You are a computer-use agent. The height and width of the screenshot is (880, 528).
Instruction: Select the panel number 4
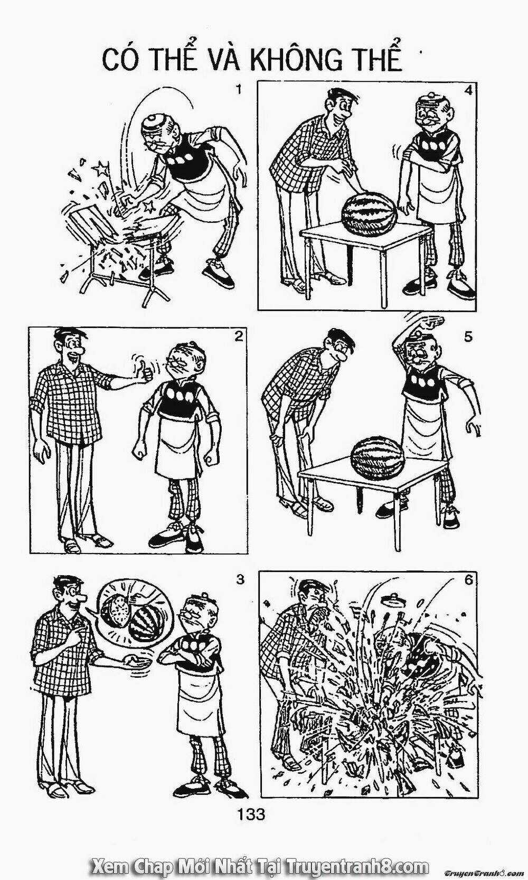468,91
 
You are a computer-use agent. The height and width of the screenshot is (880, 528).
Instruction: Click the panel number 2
238,336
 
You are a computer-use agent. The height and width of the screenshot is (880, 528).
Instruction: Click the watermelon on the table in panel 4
369,211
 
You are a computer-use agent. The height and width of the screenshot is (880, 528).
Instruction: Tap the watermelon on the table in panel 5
378,458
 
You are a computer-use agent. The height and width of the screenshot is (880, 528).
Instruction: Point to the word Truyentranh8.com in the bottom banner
357,865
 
